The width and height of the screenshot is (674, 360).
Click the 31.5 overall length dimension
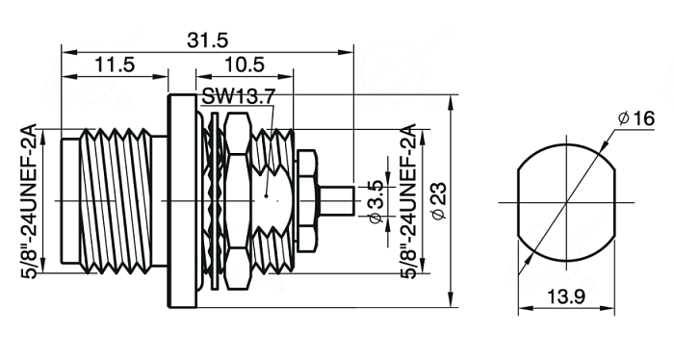[x=208, y=40]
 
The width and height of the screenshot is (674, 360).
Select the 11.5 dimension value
[x=114, y=64]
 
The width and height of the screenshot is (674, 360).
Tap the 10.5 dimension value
[x=245, y=64]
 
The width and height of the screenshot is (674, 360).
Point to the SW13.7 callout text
[x=237, y=97]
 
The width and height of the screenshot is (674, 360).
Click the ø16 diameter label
[x=636, y=118]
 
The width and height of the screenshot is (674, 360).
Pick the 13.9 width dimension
[x=566, y=296]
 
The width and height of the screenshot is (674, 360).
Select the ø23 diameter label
[x=439, y=201]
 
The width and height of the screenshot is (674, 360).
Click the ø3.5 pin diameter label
[x=376, y=201]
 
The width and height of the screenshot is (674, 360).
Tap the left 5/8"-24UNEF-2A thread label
[x=30, y=201]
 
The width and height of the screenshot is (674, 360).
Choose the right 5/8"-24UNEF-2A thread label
[x=408, y=201]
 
